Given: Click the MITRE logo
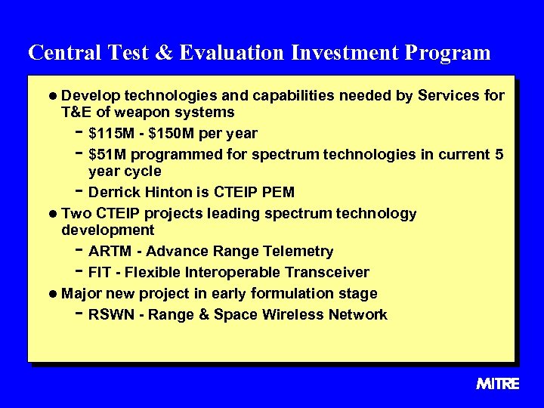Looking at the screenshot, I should [x=498, y=384].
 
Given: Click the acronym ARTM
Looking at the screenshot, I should [x=108, y=251].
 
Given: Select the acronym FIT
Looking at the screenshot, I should [x=99, y=272].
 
